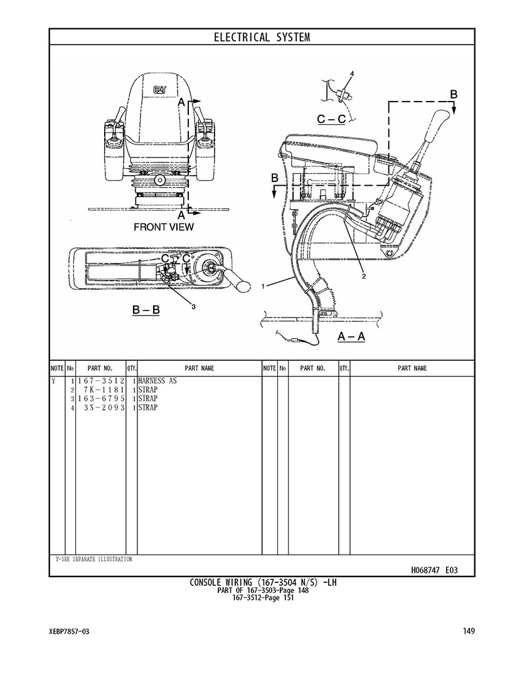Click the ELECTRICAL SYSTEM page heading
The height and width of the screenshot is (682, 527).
click(262, 37)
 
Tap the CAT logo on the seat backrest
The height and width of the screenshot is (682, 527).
click(159, 90)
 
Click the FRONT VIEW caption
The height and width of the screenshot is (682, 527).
click(164, 226)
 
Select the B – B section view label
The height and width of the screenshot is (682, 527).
click(146, 310)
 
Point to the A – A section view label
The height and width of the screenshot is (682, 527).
click(351, 336)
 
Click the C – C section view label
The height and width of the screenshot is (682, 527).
click(331, 119)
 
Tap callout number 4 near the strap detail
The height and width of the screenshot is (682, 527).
click(352, 73)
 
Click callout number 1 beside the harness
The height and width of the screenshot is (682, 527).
click(263, 286)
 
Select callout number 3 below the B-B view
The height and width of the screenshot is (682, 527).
click(193, 307)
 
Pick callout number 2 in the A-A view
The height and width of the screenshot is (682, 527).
click(364, 276)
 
